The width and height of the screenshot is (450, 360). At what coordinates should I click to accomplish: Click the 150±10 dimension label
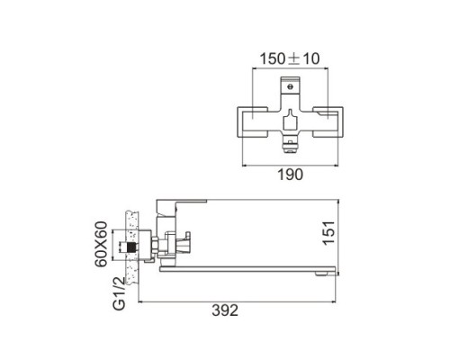coord(289,58)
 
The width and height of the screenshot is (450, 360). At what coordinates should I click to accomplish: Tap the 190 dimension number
coord(291,175)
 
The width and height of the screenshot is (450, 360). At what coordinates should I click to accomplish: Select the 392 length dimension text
coord(225,310)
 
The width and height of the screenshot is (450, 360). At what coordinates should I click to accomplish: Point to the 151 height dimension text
coord(328,233)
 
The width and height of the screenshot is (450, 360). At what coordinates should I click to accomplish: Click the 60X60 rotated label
coord(101,244)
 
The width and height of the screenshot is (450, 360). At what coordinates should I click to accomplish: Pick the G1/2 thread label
coord(120,293)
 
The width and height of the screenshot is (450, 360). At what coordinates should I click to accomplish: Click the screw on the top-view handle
coord(290,87)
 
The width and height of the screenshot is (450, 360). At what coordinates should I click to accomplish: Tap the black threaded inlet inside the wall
coord(131,247)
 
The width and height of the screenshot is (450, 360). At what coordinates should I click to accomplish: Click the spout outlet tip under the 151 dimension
coord(322,274)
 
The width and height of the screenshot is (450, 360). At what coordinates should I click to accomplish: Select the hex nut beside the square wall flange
coord(154,246)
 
